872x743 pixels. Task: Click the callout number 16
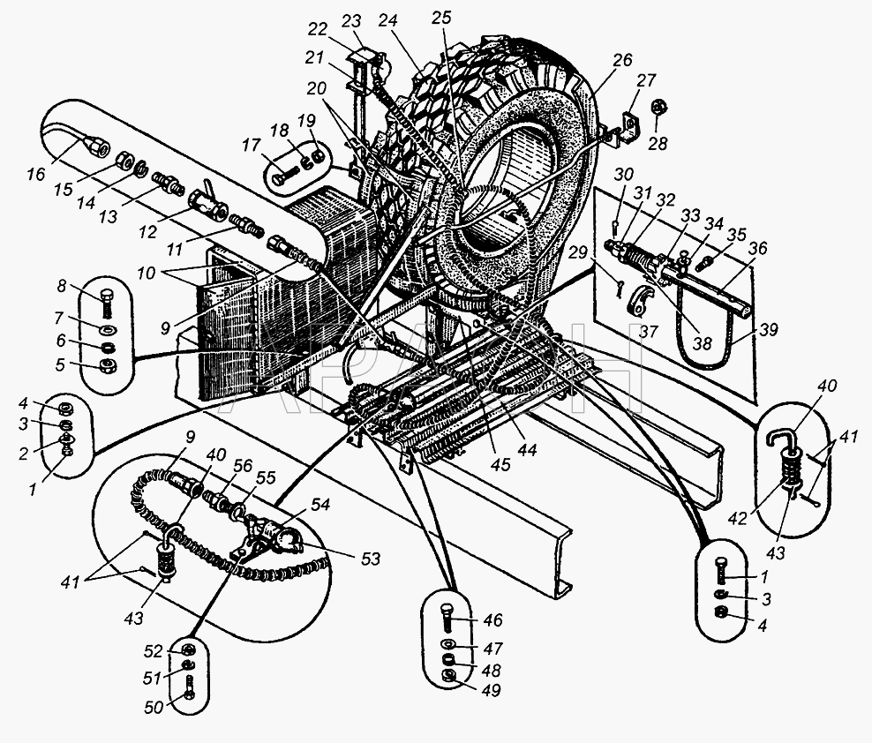36,174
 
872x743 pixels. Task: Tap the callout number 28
658,144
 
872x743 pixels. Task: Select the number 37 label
648,332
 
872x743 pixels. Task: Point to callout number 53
371,558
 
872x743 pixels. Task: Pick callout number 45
501,464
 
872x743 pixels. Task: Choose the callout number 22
318,29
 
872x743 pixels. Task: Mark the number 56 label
243,466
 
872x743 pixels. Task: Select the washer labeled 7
107,330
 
